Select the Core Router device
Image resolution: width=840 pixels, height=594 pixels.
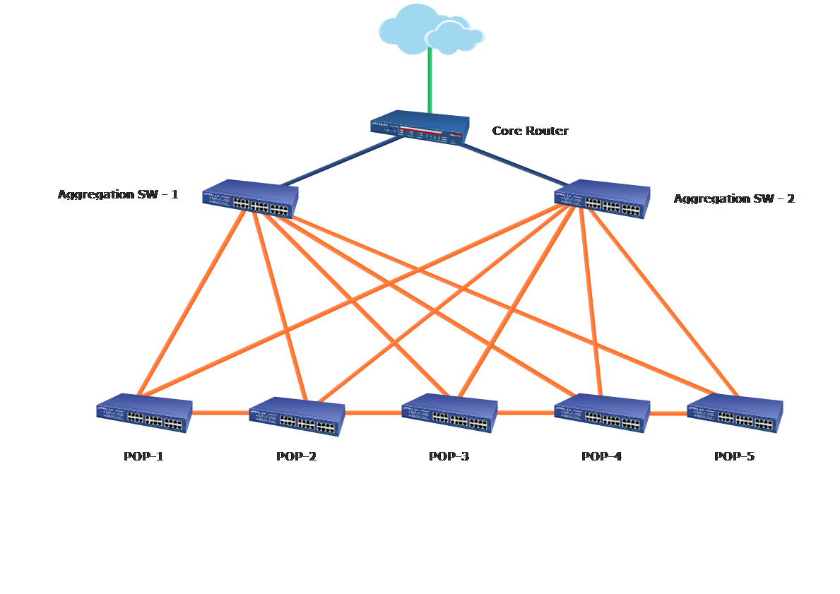click(420, 127)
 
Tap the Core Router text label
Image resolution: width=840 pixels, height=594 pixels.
click(530, 131)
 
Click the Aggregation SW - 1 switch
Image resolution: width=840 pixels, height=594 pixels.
click(250, 199)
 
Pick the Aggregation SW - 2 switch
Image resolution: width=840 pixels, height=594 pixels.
click(602, 198)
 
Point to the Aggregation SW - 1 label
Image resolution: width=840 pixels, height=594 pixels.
click(118, 194)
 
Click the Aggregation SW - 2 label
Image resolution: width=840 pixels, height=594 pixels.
click(733, 198)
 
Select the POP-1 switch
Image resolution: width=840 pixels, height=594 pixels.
click(144, 412)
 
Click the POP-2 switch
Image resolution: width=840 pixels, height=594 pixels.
click(297, 416)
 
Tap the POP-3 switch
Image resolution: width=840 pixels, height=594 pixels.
click(449, 412)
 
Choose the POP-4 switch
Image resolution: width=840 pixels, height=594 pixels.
click(602, 412)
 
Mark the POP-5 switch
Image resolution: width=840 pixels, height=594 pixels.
click(735, 412)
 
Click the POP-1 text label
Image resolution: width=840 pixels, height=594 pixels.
click(143, 456)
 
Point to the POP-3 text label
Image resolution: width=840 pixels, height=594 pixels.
click(449, 456)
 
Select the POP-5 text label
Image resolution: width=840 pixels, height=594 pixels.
click(734, 456)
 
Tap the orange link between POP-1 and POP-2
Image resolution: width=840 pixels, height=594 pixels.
click(220, 412)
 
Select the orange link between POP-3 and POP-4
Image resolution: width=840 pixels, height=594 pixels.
click(526, 412)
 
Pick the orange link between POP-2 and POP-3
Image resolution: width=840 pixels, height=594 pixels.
click(373, 412)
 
